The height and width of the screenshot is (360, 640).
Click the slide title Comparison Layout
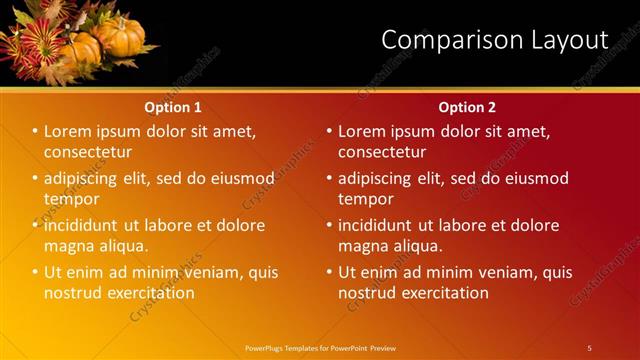[494, 40]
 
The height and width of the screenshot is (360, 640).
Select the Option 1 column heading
[173, 107]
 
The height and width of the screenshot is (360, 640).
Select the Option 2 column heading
[467, 107]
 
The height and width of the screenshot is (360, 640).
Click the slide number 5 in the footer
[589, 347]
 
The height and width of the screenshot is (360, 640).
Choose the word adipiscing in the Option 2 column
[375, 179]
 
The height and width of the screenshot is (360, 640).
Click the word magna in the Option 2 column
[363, 246]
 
